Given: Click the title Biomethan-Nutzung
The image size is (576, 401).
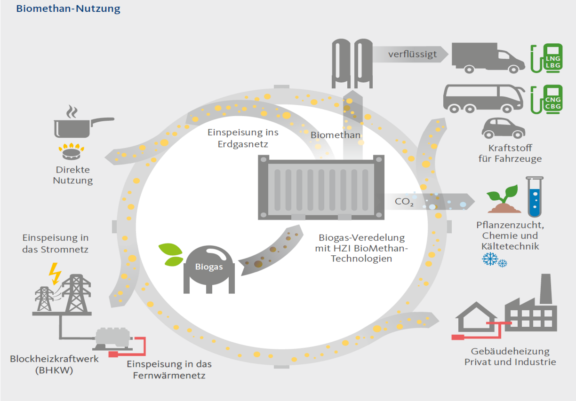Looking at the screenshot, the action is point(68,8).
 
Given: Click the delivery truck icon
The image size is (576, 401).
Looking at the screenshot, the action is point(488,58).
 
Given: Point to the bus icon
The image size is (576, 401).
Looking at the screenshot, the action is point(483,99).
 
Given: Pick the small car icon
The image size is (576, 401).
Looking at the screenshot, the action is point(503,128).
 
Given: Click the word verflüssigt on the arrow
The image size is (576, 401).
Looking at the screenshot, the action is point(412,54).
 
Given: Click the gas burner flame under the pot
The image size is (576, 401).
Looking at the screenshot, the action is point(71,151).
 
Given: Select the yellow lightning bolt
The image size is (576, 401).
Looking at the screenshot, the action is point(55,274).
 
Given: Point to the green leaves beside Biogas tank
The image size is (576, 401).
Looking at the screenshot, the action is point(171,255).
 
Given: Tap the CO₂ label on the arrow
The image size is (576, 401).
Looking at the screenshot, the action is point(404,202).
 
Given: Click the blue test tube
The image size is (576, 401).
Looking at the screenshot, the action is point(535,197).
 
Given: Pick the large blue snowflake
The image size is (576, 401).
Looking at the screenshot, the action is point(490,259).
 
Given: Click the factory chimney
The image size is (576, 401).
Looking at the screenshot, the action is point(546,289).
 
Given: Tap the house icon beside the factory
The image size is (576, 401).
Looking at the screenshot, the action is point(476,317).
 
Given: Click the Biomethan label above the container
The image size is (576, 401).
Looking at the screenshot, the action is point(336,135).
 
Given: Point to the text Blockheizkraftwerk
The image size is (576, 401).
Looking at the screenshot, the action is point(54,359).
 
